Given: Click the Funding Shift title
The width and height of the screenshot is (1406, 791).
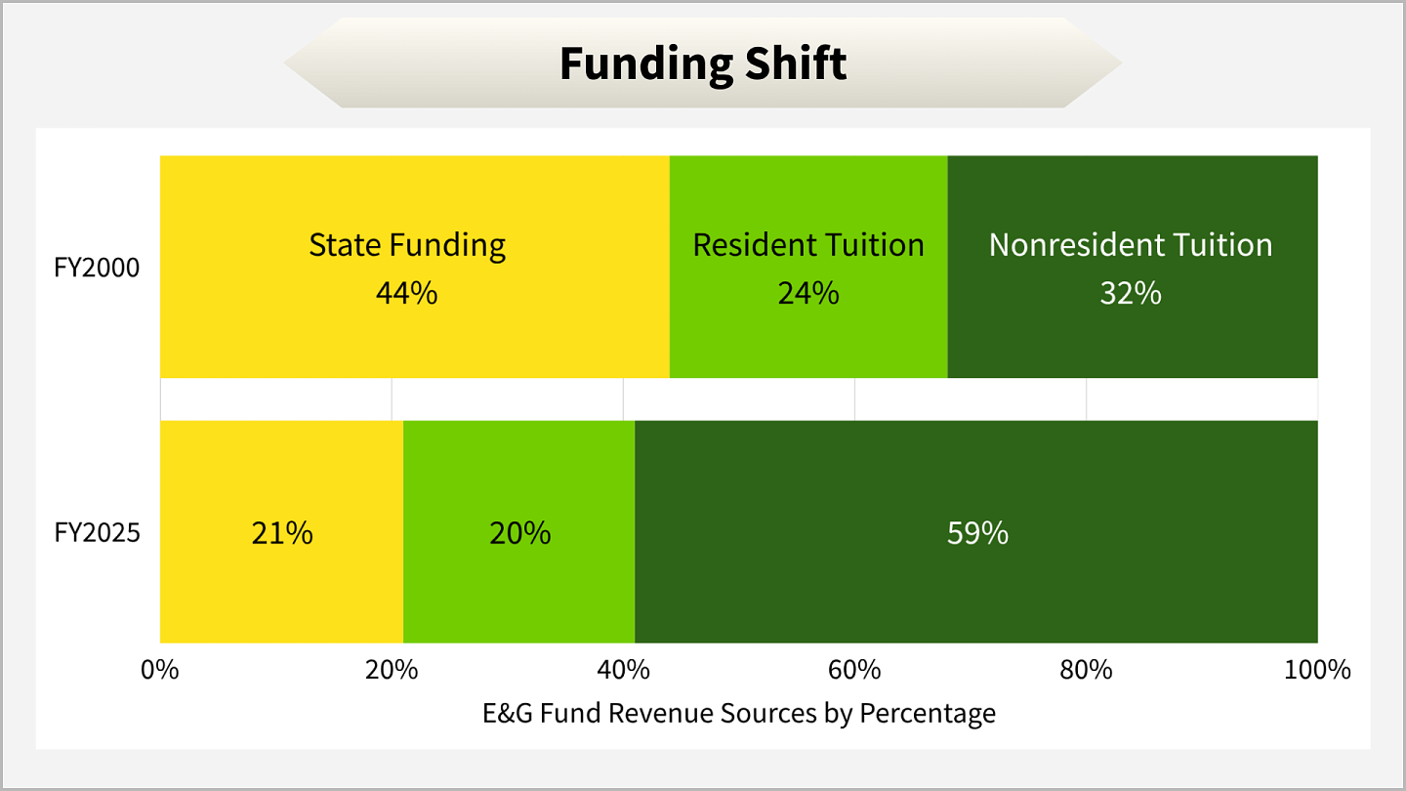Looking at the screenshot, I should [703, 64].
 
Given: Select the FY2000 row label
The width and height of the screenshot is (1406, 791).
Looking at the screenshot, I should [98, 267].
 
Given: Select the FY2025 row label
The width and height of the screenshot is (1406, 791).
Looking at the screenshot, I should [98, 533].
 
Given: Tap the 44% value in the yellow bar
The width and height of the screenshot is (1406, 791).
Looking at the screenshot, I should [407, 293].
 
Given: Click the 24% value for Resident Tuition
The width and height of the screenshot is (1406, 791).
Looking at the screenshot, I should [808, 293].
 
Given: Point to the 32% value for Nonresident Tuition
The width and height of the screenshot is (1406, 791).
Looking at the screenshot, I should [1131, 293].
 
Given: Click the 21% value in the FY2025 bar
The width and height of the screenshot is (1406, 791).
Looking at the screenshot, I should [282, 533].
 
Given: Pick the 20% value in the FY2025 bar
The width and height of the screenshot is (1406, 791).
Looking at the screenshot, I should [519, 533].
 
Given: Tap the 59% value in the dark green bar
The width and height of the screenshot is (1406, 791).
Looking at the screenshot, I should [977, 533].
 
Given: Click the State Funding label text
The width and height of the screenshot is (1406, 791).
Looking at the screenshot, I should [407, 245].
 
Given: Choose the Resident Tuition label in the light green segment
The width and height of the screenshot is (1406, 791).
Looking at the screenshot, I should [808, 245].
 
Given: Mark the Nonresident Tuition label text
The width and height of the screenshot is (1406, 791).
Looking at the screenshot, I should [1131, 245].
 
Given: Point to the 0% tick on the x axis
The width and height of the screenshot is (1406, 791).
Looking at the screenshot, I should [160, 671].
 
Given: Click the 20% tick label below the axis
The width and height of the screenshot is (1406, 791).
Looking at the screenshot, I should [392, 671].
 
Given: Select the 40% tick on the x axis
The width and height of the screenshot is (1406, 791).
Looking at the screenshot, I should [623, 671].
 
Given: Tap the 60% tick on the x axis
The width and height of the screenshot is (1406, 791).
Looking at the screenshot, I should [854, 671].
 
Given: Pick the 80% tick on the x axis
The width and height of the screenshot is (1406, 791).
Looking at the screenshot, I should [1087, 671].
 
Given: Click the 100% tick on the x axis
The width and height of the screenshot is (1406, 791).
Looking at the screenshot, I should [1317, 671].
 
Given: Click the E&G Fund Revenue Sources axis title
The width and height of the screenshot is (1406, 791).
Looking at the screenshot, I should [739, 714].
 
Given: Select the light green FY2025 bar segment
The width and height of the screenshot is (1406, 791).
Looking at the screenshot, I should [519, 586].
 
